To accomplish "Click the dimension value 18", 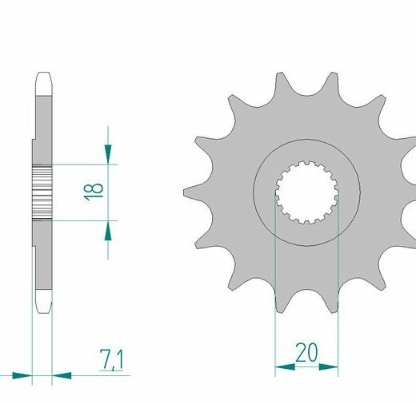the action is [x=94, y=192].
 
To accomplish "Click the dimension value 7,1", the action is [x=112, y=359].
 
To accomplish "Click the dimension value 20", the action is [x=306, y=353].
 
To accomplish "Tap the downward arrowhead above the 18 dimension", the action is [x=108, y=154].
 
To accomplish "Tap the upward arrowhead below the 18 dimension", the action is [x=108, y=231].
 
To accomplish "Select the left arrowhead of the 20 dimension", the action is [x=285, y=367].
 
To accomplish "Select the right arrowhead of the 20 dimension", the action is [x=328, y=367].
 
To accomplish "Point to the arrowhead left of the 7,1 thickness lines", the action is [x=22, y=376].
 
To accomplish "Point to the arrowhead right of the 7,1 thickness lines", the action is [x=62, y=376].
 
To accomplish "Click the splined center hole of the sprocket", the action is [x=306, y=192].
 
